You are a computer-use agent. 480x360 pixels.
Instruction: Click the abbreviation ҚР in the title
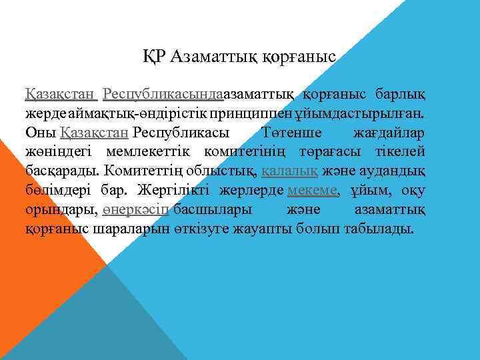point(154,57)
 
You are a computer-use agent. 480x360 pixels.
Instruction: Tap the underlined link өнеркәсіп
point(135,210)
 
